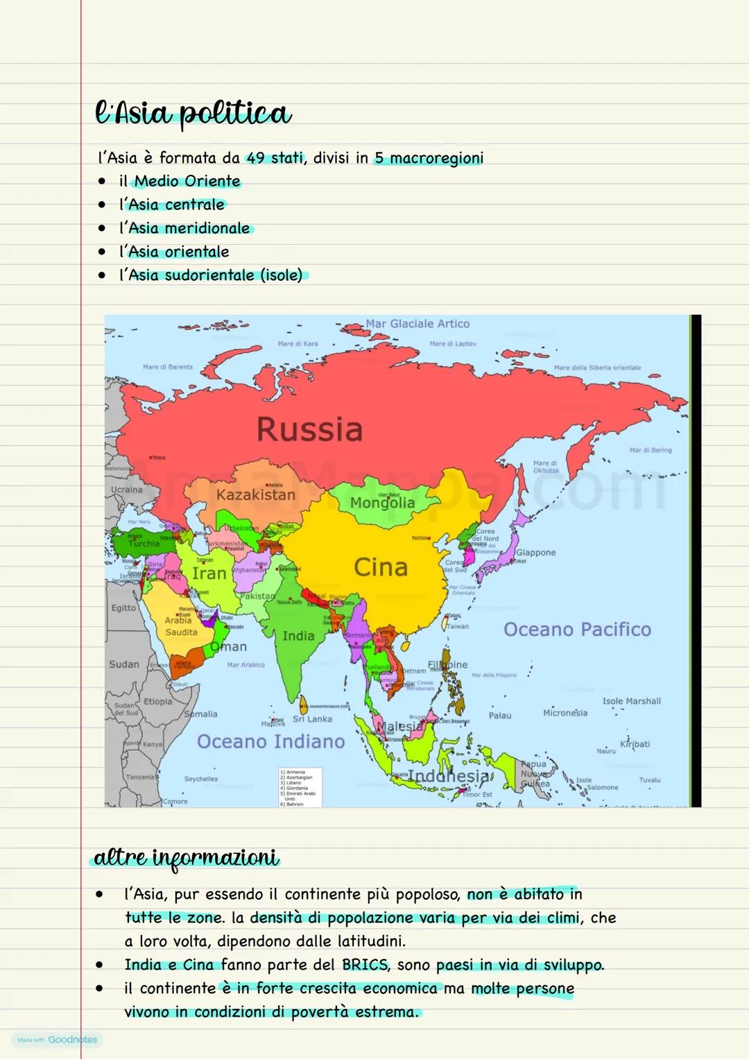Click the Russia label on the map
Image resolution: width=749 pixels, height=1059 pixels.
point(309,429)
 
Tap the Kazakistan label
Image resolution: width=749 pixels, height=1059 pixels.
point(255,494)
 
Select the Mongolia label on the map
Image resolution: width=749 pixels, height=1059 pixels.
point(382,503)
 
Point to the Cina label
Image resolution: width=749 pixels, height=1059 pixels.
point(381,567)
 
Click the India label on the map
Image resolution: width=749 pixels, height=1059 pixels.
point(298,636)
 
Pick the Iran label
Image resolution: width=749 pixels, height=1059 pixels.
point(209,574)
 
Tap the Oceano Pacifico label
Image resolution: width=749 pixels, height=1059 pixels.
point(577,630)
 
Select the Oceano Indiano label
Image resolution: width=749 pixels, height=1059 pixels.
point(270,741)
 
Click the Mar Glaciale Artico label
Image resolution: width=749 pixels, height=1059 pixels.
point(417,324)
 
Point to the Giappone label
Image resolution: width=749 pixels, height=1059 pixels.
point(535,553)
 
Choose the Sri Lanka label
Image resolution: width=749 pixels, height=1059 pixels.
point(312,719)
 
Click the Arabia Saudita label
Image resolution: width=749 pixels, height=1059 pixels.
point(180,626)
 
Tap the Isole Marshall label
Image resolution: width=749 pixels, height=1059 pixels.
point(631,701)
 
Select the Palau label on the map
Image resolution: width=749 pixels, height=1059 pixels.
point(500,716)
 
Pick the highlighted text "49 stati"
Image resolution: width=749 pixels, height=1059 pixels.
point(275,158)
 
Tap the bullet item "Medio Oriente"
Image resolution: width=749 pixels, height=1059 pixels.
point(187,182)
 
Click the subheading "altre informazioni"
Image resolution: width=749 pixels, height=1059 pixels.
point(185,859)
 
